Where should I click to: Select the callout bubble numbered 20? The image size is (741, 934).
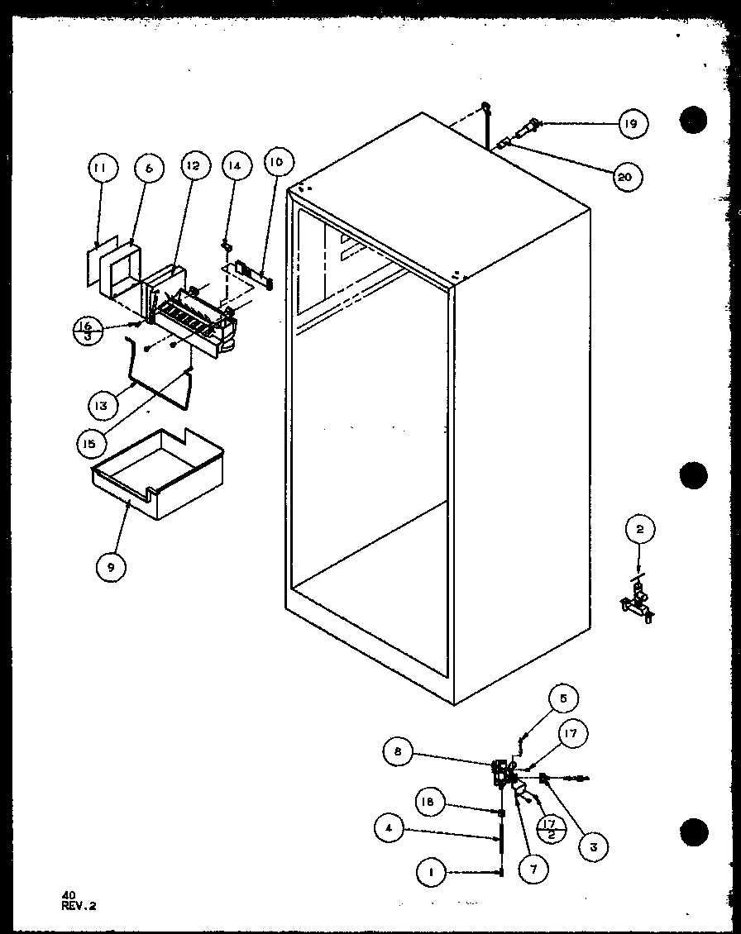coord(626,176)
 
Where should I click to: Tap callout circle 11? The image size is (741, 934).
coord(101,169)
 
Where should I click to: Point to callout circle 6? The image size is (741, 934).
coord(149,169)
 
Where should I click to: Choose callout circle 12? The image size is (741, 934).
coord(193,167)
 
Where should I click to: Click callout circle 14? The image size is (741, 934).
coord(236,167)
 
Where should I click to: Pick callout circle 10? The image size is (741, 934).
coord(275,163)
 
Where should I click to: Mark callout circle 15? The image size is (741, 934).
coord(89,443)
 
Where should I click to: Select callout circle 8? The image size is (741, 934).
coord(398,751)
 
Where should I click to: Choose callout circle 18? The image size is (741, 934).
coord(429,802)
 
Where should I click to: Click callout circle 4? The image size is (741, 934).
coord(390,826)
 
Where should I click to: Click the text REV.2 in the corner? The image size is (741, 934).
coord(79,905)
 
